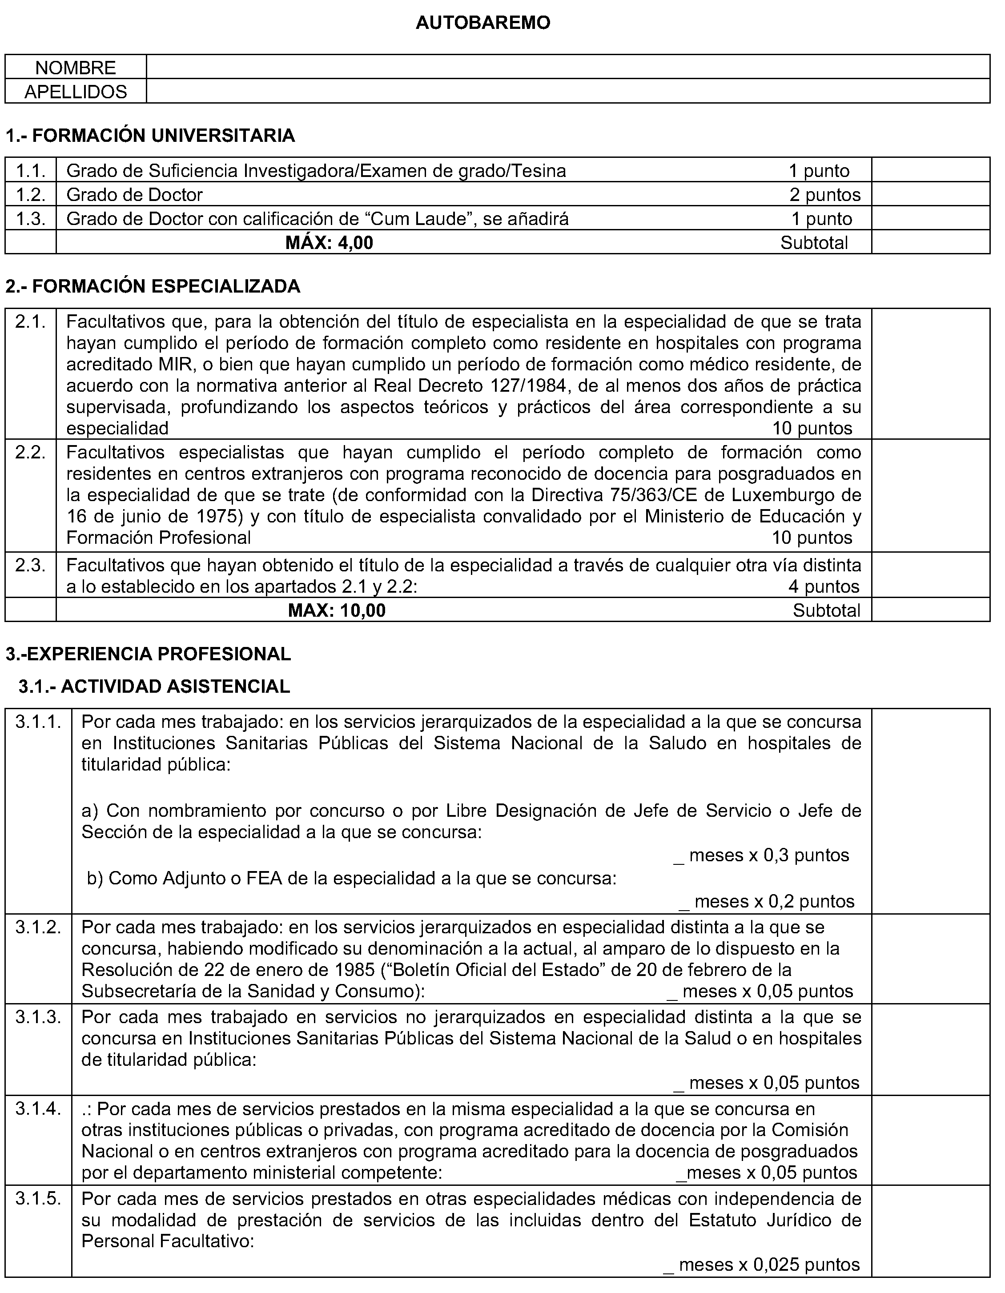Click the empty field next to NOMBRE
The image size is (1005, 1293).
[567, 67]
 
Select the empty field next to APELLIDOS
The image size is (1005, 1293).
[567, 91]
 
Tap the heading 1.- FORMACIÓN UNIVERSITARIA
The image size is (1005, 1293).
[150, 136]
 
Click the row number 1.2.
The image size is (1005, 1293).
[30, 194]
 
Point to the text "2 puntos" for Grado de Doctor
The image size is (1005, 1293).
[824, 194]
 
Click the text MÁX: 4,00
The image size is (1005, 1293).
[329, 243]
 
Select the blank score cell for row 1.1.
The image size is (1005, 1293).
[930, 170]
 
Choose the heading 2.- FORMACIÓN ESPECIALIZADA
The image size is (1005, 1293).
[153, 286]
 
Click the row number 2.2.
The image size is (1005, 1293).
[30, 452]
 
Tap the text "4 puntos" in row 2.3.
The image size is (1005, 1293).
[823, 587]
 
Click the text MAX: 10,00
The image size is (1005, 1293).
[336, 610]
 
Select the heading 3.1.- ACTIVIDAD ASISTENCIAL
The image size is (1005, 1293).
[154, 686]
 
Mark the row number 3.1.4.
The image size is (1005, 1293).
[38, 1109]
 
